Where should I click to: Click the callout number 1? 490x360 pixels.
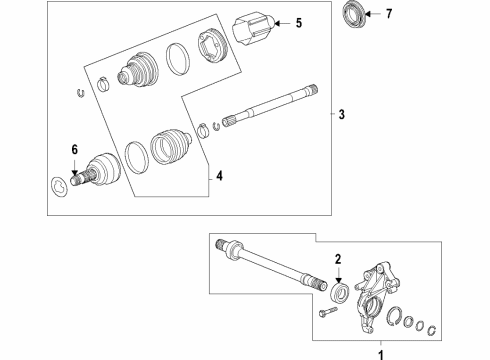point(379,351)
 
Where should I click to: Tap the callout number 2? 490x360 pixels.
point(338,258)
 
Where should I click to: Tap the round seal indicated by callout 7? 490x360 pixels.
point(355,17)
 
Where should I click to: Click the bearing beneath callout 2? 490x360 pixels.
point(338,291)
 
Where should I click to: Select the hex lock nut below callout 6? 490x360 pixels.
point(59,185)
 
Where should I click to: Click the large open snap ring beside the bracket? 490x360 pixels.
point(395,319)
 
